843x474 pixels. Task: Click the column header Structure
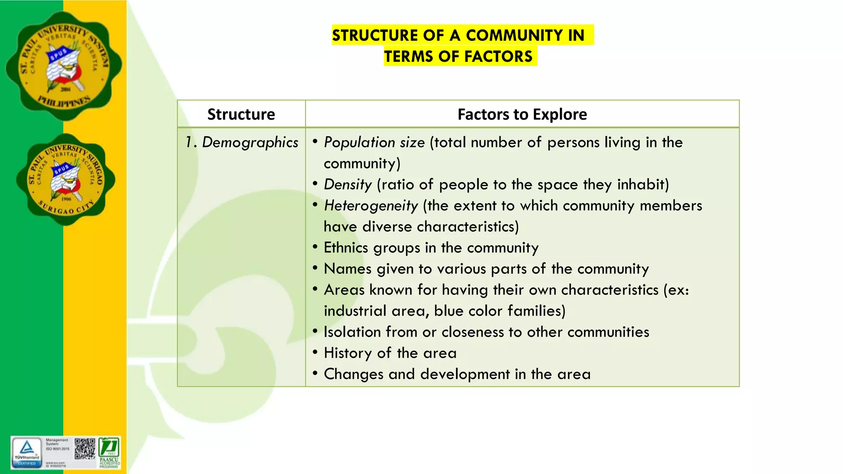[241, 114]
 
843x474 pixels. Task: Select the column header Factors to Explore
[522, 114]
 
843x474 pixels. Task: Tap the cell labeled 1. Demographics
[242, 142]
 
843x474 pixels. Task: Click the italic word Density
[347, 184]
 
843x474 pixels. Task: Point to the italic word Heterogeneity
[370, 205]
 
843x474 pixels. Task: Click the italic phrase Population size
[374, 142]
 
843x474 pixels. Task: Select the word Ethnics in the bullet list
[346, 248]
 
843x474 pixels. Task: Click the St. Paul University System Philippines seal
[64, 66]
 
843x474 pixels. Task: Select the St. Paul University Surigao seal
[66, 180]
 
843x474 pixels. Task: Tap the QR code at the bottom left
[85, 449]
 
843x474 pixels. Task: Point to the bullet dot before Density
[315, 184]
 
